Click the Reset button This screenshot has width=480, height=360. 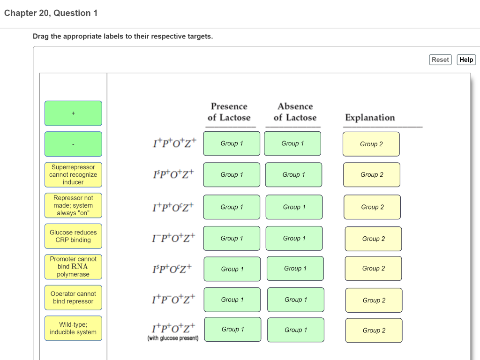(440, 60)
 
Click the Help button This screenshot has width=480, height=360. (466, 60)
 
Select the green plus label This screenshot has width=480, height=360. (73, 113)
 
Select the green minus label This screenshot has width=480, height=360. (73, 144)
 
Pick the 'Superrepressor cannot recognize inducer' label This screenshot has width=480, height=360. (73, 174)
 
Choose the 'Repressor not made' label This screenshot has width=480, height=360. (73, 205)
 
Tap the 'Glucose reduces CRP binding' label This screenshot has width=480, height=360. (73, 236)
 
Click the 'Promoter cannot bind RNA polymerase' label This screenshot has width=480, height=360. (73, 266)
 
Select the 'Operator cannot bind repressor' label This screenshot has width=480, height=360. (73, 298)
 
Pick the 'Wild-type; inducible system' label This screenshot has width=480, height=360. (73, 328)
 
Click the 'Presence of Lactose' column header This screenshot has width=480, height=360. (229, 112)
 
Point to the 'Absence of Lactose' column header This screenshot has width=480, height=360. (295, 112)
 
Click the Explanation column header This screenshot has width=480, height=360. (370, 118)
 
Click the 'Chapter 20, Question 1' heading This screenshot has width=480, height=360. (51, 13)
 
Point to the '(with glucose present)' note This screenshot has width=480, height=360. (173, 338)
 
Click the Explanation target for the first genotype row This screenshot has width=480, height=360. (371, 144)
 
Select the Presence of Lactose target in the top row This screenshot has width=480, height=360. (232, 143)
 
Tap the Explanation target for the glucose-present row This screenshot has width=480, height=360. (374, 330)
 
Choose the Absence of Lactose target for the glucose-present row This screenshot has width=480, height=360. (296, 330)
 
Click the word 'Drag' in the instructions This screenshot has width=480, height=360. (41, 36)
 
